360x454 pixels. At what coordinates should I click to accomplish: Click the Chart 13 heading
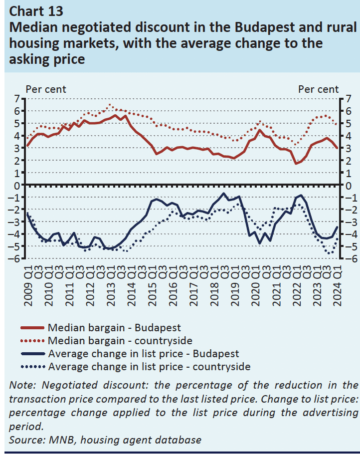[36, 10]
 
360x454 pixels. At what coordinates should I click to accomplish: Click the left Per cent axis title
[46, 89]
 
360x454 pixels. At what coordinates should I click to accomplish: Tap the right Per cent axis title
[318, 89]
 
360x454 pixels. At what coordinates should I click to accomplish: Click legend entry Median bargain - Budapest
[114, 328]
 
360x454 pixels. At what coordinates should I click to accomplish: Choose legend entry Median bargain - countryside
[120, 341]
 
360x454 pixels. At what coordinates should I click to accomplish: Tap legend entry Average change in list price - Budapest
[144, 354]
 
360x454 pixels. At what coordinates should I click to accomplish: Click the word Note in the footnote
[20, 385]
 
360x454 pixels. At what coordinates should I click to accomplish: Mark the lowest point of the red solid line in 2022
[296, 163]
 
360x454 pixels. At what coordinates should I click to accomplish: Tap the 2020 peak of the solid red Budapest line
[260, 130]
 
